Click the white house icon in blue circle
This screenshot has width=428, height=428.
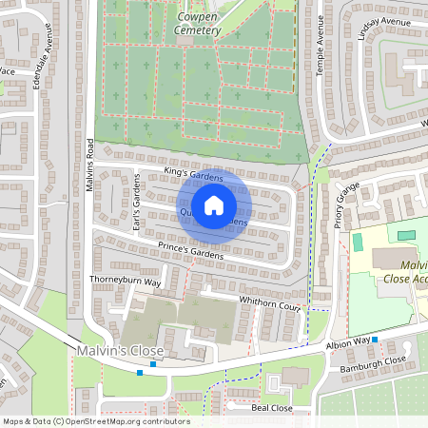pyautogui.click(x=214, y=204)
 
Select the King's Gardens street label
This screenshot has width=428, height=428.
pyautogui.click(x=193, y=174)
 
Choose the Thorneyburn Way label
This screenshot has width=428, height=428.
pyautogui.click(x=126, y=282)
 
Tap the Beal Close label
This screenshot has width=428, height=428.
pyautogui.click(x=272, y=406)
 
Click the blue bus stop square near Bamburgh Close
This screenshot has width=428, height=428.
pyautogui.click(x=375, y=340)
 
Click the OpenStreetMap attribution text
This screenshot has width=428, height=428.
pyautogui.click(x=95, y=421)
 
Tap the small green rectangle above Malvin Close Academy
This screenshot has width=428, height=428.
pyautogui.click(x=406, y=233)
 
